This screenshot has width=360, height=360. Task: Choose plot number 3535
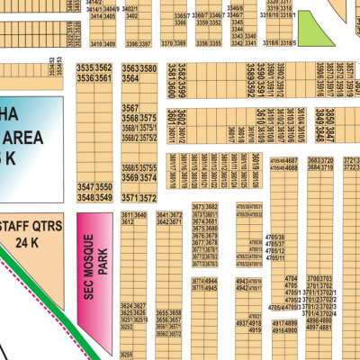[85, 67]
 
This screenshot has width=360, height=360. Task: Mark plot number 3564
[130, 79]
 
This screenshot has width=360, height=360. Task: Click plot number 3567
[130, 107]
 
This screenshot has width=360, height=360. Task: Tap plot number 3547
[85, 186]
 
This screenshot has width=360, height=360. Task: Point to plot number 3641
[163, 216]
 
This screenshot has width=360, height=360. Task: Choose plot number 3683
[314, 161]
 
